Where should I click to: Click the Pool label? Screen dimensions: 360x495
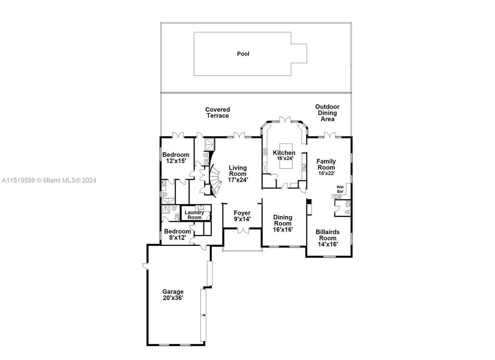tap(243, 54)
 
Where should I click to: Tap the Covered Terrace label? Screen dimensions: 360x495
tap(217, 113)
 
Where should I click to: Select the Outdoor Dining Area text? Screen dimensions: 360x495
tap(327, 113)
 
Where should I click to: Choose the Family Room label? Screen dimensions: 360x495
tap(326, 165)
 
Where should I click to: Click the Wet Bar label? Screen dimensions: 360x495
tap(340, 189)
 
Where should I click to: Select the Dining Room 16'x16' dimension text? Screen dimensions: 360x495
tap(282, 229)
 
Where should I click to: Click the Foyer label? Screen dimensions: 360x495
tap(242, 213)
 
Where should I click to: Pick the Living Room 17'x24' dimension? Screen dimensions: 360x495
tap(238, 180)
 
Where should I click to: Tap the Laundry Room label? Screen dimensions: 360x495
tap(194, 215)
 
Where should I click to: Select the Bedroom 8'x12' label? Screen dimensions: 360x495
tap(177, 234)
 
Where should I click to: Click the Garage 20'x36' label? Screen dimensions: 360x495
tap(173, 295)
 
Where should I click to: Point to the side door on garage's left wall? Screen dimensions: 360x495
tap(145, 266)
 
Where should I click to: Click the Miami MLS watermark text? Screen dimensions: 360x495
tap(49, 180)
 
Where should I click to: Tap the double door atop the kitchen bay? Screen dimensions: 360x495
tap(285, 120)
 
